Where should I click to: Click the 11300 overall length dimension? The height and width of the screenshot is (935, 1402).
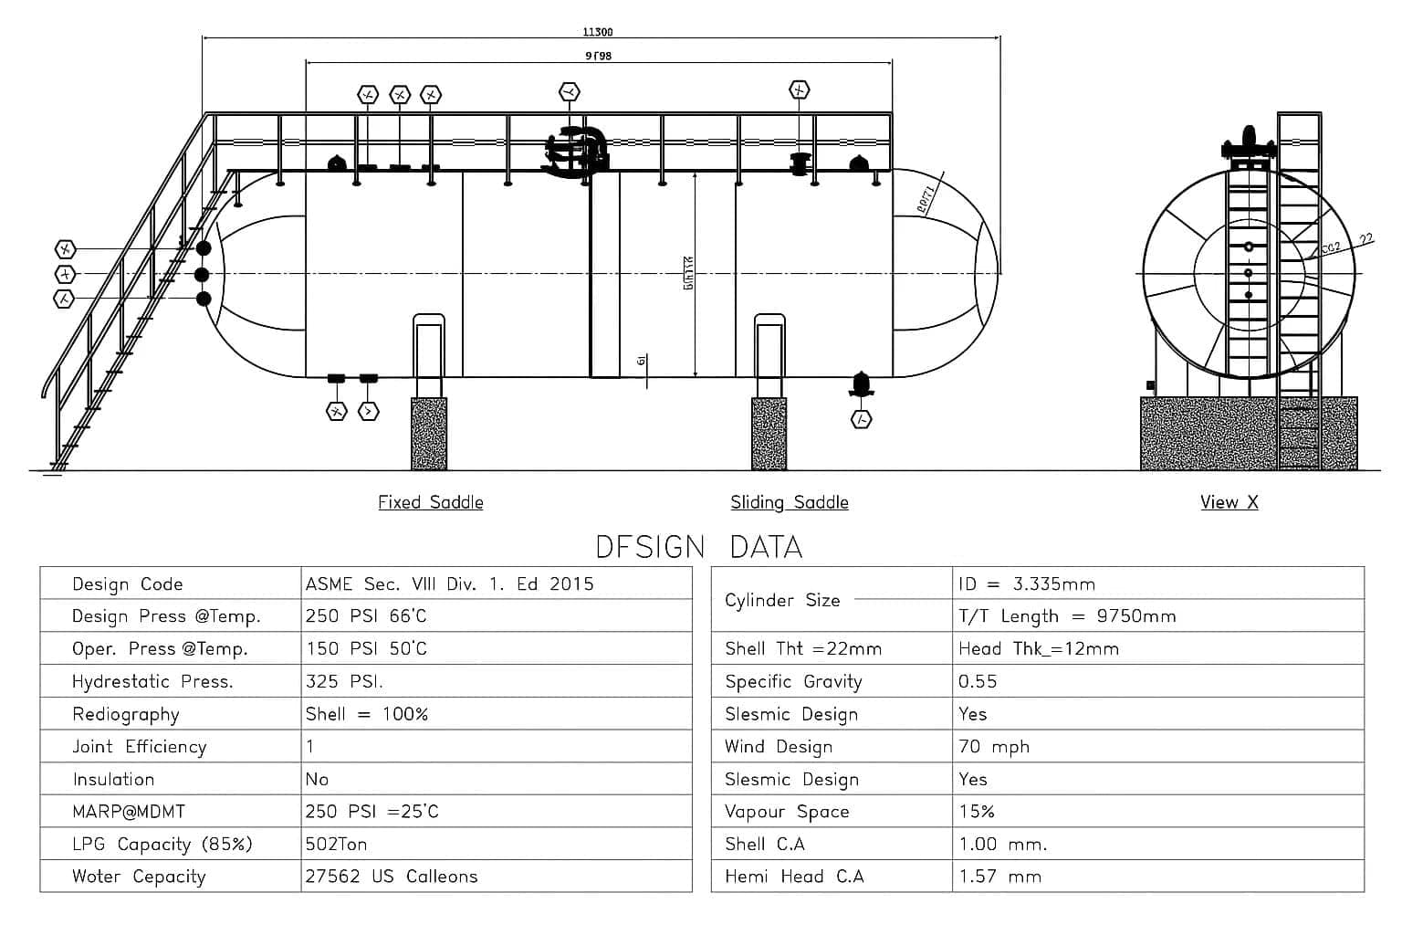coord(598,32)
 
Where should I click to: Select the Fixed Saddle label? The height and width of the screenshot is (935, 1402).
coord(431,502)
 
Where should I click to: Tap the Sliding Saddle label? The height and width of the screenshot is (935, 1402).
coord(790,502)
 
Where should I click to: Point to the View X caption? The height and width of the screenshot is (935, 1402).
coord(1229,502)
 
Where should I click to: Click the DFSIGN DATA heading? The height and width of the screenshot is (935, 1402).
coord(699,547)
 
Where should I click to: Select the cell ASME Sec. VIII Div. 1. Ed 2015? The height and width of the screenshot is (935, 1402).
coord(450,583)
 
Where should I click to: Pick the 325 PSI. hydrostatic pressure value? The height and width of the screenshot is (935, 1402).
coord(344,681)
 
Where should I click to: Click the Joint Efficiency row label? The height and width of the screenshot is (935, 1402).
coord(140,746)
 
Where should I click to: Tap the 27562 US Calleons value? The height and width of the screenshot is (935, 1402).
coord(392,877)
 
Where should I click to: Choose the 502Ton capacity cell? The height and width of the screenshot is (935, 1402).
coord(337,844)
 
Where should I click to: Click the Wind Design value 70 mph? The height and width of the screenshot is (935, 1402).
coord(994,746)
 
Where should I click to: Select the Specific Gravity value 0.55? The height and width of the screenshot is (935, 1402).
coord(978,681)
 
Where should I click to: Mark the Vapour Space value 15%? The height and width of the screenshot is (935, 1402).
coord(977,811)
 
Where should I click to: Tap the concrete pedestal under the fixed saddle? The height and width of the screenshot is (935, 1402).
coord(429,434)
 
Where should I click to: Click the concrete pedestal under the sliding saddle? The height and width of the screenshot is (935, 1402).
coord(769,434)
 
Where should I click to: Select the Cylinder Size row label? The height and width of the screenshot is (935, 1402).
coord(782,600)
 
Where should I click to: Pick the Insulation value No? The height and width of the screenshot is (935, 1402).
coord(317,779)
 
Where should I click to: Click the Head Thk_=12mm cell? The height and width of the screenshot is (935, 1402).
coord(1039,648)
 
